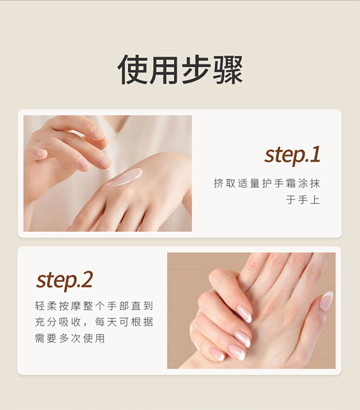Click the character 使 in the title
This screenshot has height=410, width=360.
pyautogui.click(x=133, y=70)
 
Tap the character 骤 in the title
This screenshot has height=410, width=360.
pyautogui.click(x=227, y=70)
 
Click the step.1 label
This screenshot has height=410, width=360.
pyautogui.click(x=293, y=156)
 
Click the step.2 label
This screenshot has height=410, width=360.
pyautogui.click(x=65, y=280)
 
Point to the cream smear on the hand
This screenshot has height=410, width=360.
pyautogui.click(x=125, y=177)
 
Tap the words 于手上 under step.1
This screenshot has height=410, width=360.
pyautogui.click(x=303, y=200)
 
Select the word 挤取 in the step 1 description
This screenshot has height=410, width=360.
pyautogui.click(x=225, y=183)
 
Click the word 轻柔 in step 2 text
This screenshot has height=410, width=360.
pyautogui.click(x=46, y=306)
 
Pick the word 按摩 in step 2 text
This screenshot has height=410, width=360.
pyautogui.click(x=70, y=306)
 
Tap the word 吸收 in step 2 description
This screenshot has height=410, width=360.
pyautogui.click(x=70, y=322)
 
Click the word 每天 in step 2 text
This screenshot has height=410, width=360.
pyautogui.click(x=106, y=322)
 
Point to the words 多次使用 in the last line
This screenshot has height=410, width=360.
pyautogui.click(x=82, y=338)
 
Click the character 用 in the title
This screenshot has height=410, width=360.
pyautogui.click(x=164, y=70)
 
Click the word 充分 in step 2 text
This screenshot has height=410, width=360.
pyautogui.click(x=46, y=322)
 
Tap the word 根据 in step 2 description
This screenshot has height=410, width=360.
pyautogui.click(x=142, y=322)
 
